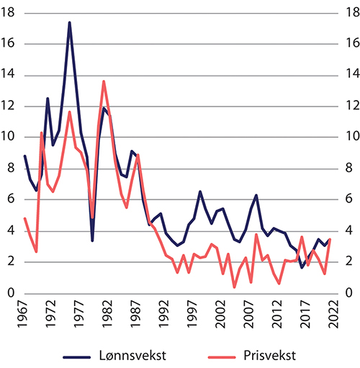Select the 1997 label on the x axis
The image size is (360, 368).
[191, 314]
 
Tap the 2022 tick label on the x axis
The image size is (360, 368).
[330, 314]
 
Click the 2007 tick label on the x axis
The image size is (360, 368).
[246, 314]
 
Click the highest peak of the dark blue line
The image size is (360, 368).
[69, 22]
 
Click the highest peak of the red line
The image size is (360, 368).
[104, 81]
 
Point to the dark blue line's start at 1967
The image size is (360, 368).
[25, 156]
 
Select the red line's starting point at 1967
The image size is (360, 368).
[25, 218]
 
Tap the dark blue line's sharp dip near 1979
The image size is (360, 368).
[92, 240]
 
